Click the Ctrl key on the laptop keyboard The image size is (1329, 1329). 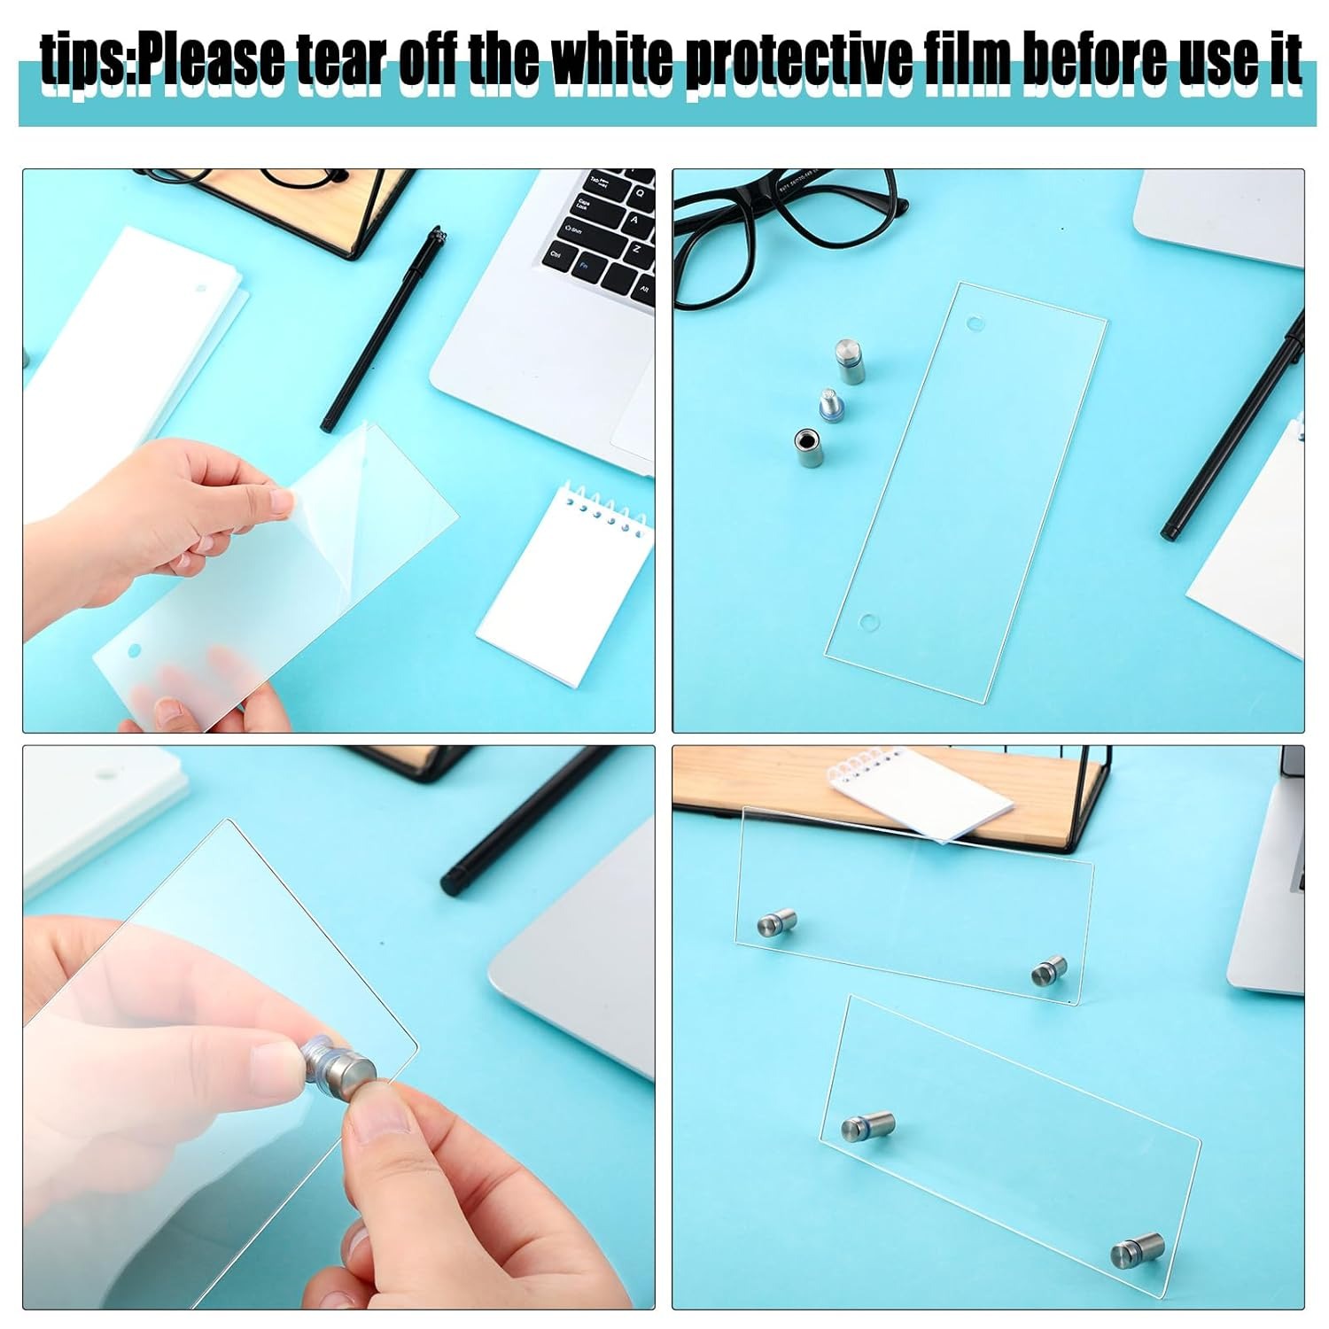click(x=556, y=253)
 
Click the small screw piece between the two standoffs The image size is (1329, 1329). click(x=828, y=405)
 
